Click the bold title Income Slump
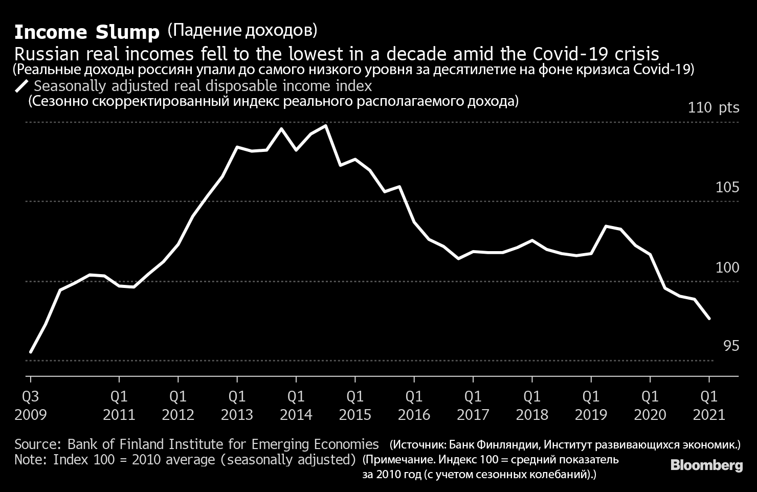87,33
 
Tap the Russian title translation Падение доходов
242,31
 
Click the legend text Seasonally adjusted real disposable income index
203,86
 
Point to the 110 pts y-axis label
714,108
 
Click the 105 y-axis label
727,188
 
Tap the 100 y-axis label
727,267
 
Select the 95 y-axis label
731,346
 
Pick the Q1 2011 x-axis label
119,405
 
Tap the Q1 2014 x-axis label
296,405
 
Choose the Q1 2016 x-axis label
414,405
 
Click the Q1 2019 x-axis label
591,405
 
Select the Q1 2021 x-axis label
709,405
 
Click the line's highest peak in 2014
326,125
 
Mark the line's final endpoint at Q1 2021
709,319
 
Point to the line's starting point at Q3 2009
31,352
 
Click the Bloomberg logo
706,465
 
